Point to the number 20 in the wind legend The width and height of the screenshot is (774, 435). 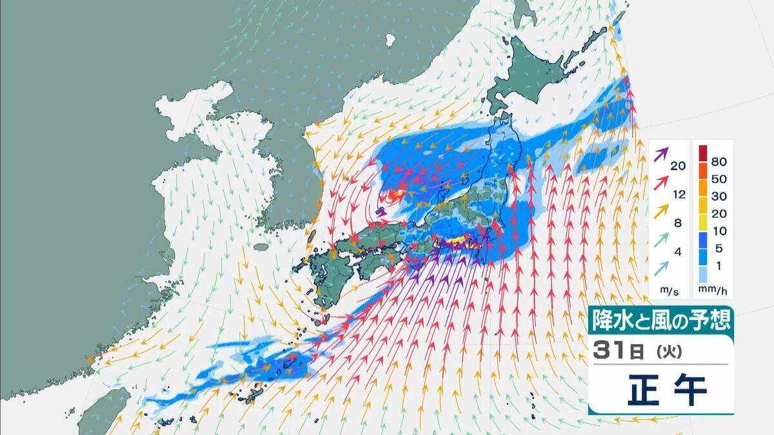point(677,166)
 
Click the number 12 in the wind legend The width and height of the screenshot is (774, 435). point(677,195)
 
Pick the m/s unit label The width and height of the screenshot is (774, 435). point(668,292)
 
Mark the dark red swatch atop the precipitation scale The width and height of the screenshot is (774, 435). point(705,152)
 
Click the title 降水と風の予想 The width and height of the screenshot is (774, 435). point(660,320)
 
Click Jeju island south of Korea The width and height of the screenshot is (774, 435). point(261,247)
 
